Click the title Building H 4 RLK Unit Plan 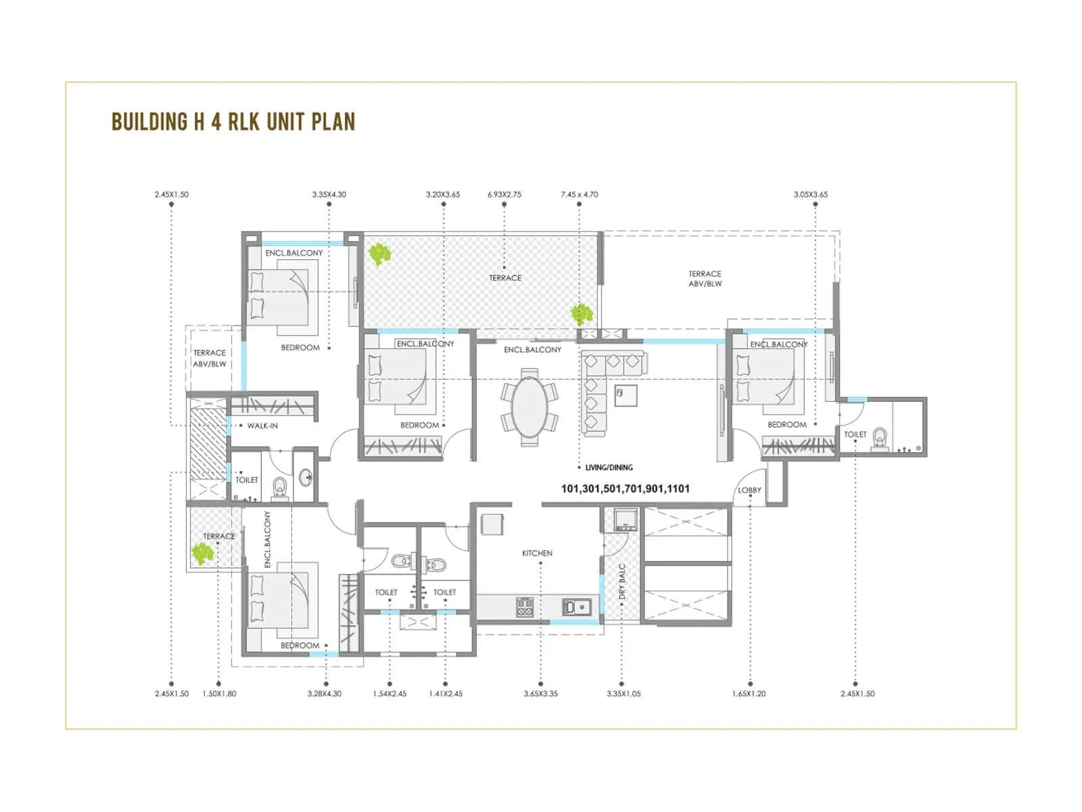point(233,122)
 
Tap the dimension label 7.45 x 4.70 point(579,194)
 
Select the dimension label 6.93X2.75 point(504,194)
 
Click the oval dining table point(530,408)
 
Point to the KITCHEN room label point(537,553)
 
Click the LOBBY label point(749,490)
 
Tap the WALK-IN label point(262,426)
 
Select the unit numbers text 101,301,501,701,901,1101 point(625,489)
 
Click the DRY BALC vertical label point(622,582)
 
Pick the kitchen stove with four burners point(525,607)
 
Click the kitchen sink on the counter point(576,607)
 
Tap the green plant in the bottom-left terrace point(202,554)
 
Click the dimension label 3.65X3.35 point(540,694)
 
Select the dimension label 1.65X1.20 point(749,694)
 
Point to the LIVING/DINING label point(609,468)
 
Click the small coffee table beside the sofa point(626,395)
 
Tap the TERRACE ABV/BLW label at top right point(705,279)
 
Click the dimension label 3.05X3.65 point(810,194)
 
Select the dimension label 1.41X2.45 point(446,694)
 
